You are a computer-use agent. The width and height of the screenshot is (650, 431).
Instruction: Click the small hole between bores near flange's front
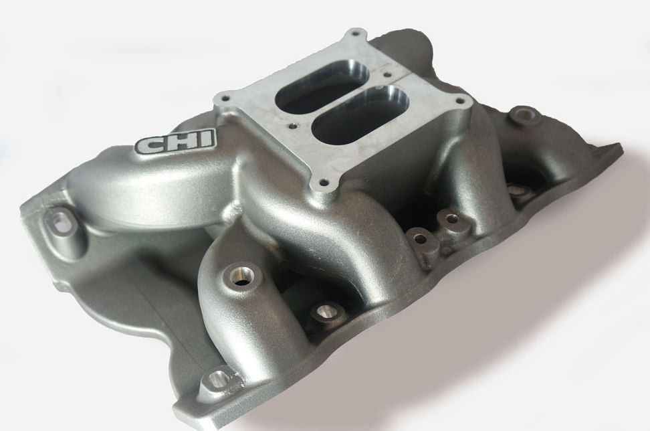[292, 124]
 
